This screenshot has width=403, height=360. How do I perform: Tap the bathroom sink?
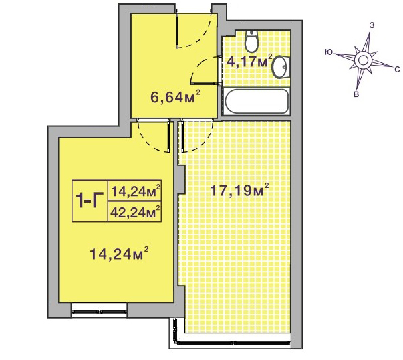281,67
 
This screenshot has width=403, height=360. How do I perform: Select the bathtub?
257,101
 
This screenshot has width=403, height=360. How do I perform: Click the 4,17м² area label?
249,61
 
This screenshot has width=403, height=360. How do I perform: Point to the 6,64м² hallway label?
175,97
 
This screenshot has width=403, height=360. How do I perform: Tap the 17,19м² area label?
239,190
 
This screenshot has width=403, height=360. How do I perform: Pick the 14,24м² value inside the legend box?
136,191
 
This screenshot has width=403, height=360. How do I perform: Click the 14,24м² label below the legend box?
119,254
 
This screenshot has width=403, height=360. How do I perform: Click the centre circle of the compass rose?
363,60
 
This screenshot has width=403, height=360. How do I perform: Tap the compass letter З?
372,25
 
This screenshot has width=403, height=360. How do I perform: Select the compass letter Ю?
328,52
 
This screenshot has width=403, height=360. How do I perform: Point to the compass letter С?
397,69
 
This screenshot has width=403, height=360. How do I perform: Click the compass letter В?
356,94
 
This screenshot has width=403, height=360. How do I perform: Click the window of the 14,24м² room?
99,312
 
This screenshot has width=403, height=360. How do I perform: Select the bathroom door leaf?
204,83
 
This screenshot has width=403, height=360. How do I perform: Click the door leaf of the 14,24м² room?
169,136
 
